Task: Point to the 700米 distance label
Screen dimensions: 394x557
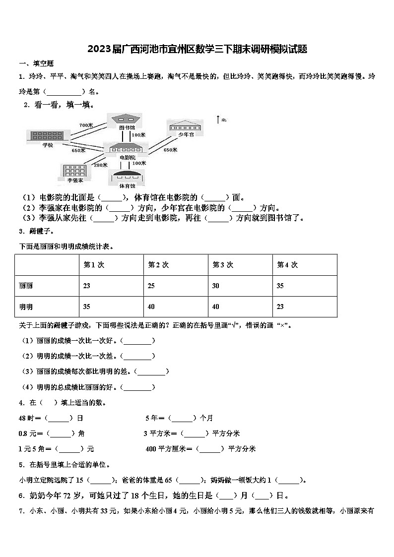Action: pos(86,125)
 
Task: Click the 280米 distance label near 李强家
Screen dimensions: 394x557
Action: pos(101,165)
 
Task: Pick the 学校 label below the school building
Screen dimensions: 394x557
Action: pos(44,143)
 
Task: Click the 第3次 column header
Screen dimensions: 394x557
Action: pos(223,265)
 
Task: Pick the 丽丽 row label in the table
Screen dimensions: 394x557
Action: pos(26,286)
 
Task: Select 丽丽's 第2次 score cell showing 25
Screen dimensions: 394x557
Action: pos(151,286)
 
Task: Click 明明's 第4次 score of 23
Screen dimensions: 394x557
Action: pos(280,307)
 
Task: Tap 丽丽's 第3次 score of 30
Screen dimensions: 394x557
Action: pos(216,286)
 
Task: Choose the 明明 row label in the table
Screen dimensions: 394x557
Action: pos(26,307)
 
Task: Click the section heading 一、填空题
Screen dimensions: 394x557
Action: pos(36,63)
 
